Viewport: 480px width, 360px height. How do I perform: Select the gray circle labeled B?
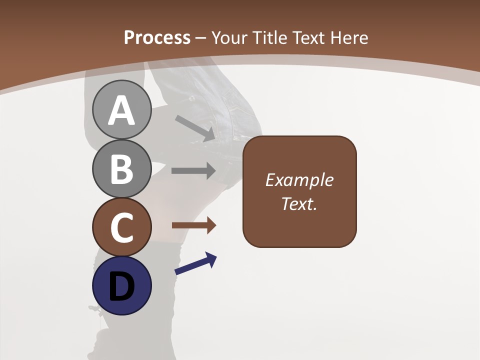click(121, 169)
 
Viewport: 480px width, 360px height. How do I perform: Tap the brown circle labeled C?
click(121, 227)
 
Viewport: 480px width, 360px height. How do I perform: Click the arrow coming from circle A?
click(194, 128)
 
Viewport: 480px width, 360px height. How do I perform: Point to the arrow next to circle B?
click(193, 170)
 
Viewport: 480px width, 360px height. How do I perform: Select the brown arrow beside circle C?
click(194, 225)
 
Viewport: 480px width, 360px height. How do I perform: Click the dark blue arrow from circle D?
click(195, 264)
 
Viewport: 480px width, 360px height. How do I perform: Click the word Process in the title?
click(157, 37)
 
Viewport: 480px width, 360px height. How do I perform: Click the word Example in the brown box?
click(299, 180)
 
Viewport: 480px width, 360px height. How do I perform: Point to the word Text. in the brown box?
click(299, 203)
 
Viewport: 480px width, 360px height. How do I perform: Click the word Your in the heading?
click(229, 37)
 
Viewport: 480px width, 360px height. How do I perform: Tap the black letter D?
click(121, 287)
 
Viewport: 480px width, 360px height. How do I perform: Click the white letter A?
click(121, 111)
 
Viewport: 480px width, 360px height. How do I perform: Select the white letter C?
click(121, 228)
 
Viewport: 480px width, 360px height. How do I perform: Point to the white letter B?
click(121, 169)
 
